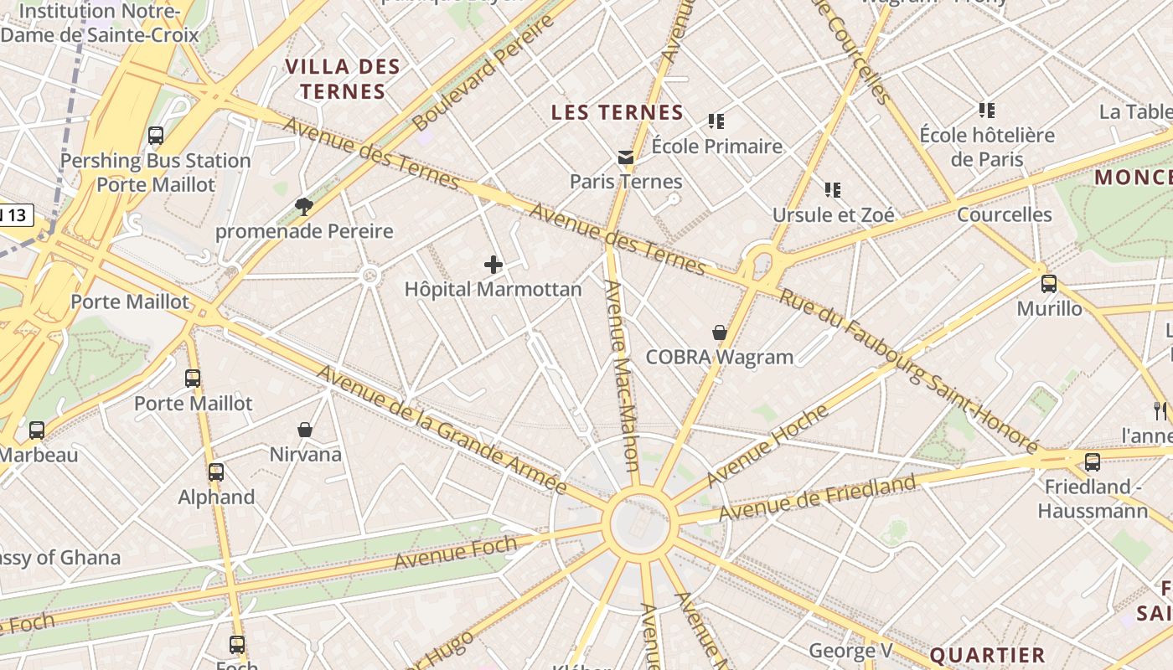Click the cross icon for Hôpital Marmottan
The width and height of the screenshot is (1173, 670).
pos(493,265)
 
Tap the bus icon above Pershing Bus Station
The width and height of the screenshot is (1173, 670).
pos(155,136)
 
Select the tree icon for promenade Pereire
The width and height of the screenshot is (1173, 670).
pos(303,207)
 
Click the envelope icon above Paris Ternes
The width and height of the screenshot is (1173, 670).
pos(626,157)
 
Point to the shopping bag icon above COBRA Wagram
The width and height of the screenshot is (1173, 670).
pos(719,332)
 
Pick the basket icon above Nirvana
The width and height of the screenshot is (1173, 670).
pos(305,430)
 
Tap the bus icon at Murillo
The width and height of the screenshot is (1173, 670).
pos(1048,284)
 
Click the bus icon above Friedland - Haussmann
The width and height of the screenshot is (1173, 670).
pos(1092,461)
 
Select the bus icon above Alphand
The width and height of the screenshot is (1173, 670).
pos(216,472)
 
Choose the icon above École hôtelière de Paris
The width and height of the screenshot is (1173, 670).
pos(987,110)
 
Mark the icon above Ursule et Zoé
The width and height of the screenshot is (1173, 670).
pos(832,190)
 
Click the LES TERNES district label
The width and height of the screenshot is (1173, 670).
pos(618,112)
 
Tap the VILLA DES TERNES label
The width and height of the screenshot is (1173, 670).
pos(343,79)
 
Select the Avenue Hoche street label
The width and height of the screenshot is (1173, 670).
pos(767,446)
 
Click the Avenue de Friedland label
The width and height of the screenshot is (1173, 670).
pos(817,498)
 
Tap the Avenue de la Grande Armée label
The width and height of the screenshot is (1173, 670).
pos(442,430)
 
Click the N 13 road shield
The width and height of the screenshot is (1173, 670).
pos(15,215)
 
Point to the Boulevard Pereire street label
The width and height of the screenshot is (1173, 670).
pos(484,73)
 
